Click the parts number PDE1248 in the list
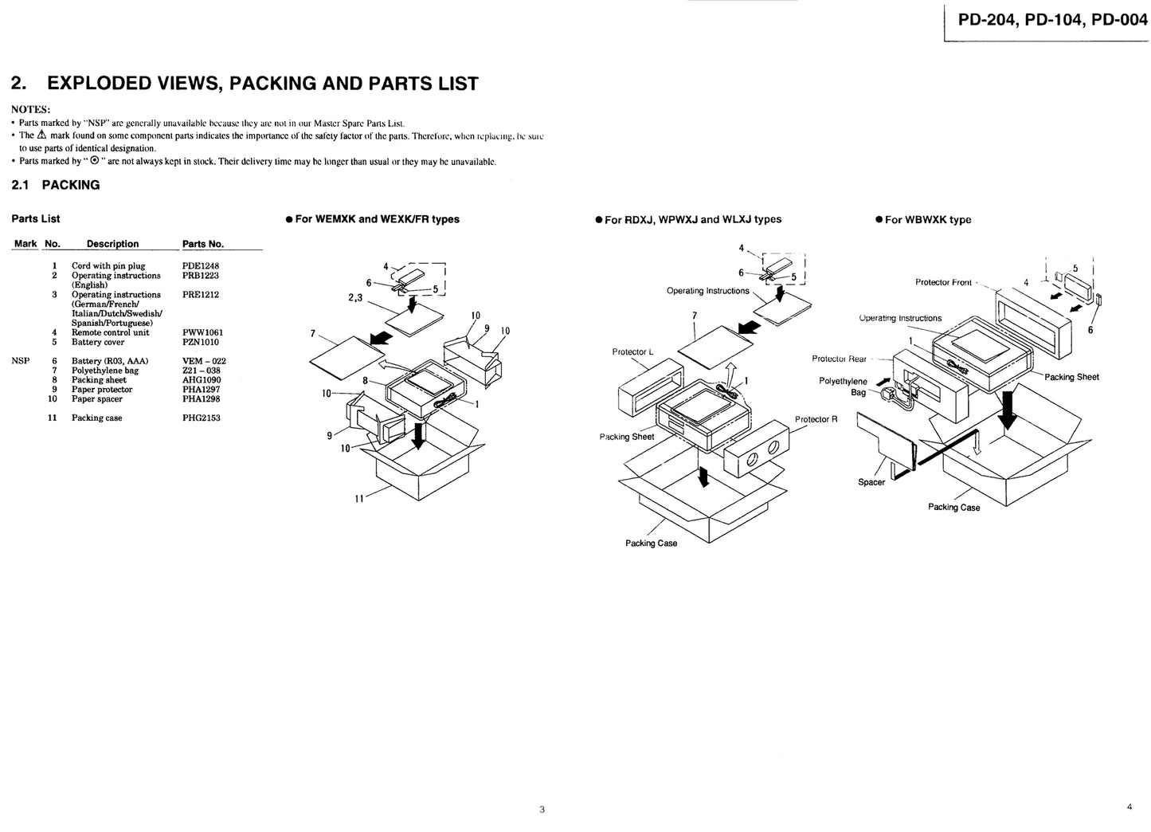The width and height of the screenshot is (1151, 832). tap(200, 266)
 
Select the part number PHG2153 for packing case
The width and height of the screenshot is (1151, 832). tap(201, 418)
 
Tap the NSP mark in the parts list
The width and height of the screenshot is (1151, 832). tap(21, 361)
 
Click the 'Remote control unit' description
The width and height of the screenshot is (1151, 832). tap(110, 332)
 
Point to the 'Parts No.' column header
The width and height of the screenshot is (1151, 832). tap(203, 244)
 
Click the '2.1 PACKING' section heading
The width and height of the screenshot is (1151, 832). tap(56, 185)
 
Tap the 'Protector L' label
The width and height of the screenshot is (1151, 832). tap(632, 351)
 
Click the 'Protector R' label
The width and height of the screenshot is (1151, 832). tap(816, 419)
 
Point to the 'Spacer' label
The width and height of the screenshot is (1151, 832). tap(871, 482)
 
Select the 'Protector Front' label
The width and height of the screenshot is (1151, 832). tap(943, 282)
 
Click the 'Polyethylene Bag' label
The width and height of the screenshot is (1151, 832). tap(844, 387)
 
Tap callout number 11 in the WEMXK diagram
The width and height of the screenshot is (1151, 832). tap(359, 499)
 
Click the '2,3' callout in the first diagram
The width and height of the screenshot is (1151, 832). tap(356, 297)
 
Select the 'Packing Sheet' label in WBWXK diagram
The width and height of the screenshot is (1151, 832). tap(1071, 377)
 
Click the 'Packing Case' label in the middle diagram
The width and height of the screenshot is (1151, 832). tap(651, 544)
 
